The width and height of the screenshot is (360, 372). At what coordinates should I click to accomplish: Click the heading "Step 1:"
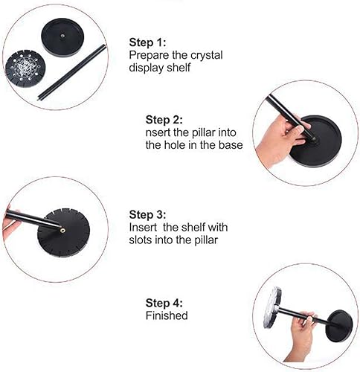click(147, 42)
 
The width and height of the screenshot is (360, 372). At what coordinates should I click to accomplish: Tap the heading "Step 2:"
click(164, 120)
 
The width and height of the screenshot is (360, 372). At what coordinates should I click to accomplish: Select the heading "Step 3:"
click(147, 214)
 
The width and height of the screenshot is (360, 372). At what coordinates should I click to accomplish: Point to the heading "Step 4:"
click(164, 303)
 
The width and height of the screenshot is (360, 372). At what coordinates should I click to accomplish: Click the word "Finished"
click(167, 315)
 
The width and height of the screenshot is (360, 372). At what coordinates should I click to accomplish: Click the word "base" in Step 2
click(231, 145)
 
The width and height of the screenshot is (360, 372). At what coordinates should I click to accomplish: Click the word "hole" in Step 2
click(175, 145)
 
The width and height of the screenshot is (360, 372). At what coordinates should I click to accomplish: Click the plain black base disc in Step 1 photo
click(62, 36)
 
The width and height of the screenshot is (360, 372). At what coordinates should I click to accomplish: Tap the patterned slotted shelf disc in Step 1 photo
click(25, 68)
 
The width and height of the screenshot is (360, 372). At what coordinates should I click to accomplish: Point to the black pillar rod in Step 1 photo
click(72, 72)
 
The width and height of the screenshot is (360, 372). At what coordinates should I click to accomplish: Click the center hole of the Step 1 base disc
click(62, 36)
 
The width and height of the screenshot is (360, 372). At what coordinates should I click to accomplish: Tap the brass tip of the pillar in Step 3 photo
click(62, 231)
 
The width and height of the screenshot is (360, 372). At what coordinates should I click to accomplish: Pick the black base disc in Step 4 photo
click(338, 326)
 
